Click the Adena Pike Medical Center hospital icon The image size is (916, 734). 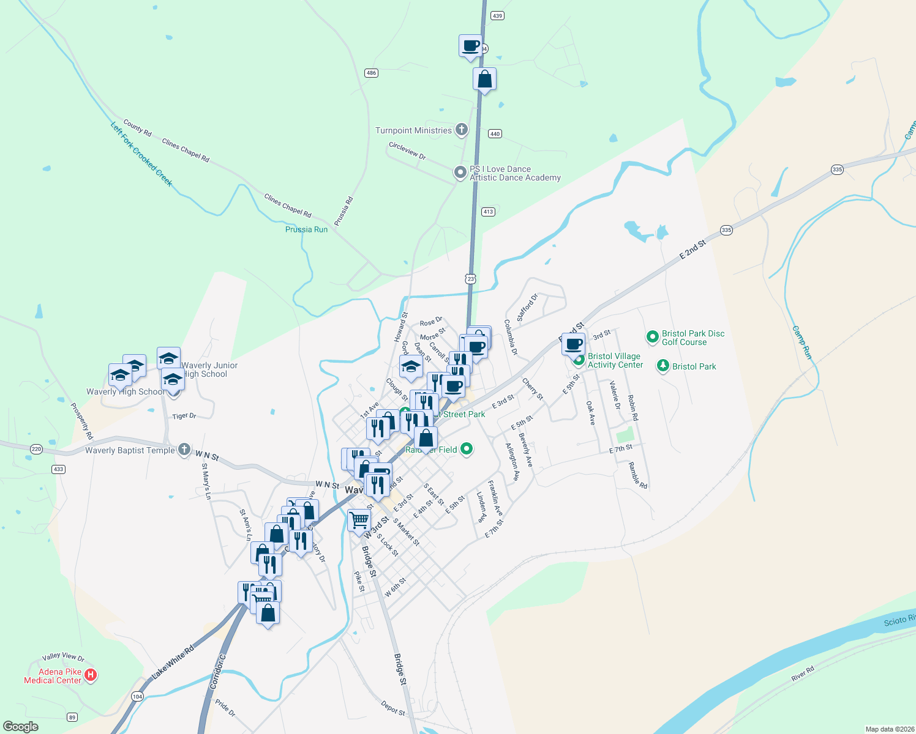pos(91,675)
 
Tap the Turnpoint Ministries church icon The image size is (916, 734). pos(462,130)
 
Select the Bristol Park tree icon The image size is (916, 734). pos(663,366)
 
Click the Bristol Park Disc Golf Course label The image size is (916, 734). pos(693,338)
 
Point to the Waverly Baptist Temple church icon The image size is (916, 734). pos(184,450)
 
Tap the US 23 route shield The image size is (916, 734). pos(470,279)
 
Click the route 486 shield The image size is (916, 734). pos(371,73)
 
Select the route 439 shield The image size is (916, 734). pos(497,16)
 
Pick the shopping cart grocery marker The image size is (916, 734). pos(359,521)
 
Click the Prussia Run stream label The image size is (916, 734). pos(306,229)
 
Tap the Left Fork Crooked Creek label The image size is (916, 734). pos(142,154)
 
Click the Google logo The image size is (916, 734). pos(21,727)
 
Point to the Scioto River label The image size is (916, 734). pos(899,621)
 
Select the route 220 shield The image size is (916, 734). pos(36,449)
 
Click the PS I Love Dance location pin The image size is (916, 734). pos(460,173)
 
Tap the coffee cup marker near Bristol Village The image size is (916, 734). pos(573,344)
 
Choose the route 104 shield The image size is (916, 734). pos(137,697)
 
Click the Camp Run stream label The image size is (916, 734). pos(801,343)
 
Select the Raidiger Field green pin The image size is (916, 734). pos(467,450)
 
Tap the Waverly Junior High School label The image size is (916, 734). pos(209,369)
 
